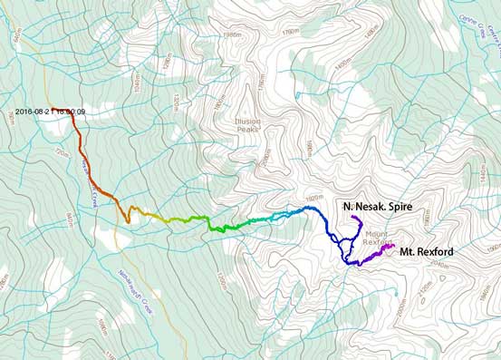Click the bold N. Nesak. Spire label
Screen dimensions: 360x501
(x=377, y=208)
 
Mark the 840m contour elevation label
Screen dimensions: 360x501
(x=66, y=222)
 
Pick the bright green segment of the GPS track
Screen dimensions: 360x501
(x=217, y=228)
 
